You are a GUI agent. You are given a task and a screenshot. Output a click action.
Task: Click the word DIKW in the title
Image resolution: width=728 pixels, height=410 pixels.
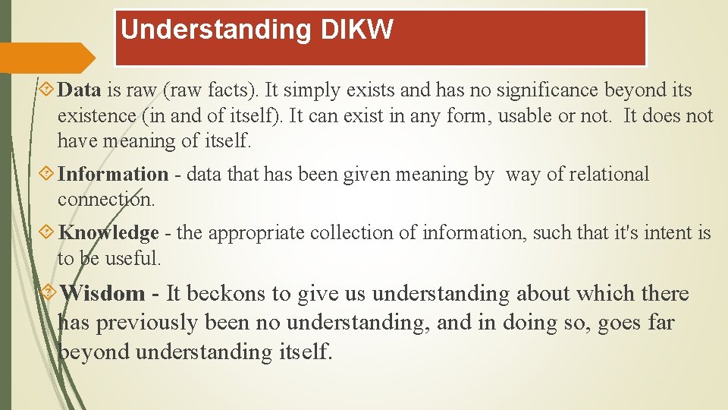tap(357, 30)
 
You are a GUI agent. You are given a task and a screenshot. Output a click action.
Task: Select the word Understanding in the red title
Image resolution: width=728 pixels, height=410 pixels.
tap(216, 30)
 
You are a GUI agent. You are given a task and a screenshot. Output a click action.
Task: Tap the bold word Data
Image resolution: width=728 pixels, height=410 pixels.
tap(80, 90)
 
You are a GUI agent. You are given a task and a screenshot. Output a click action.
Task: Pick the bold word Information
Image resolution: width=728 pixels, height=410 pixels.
tap(113, 175)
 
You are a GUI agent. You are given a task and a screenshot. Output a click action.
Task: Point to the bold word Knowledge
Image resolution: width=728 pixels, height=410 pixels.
tap(108, 232)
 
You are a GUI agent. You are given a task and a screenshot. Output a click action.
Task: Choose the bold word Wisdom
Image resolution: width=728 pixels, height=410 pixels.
tap(102, 293)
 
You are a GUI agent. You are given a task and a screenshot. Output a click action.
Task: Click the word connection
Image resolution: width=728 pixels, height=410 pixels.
tap(105, 200)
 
